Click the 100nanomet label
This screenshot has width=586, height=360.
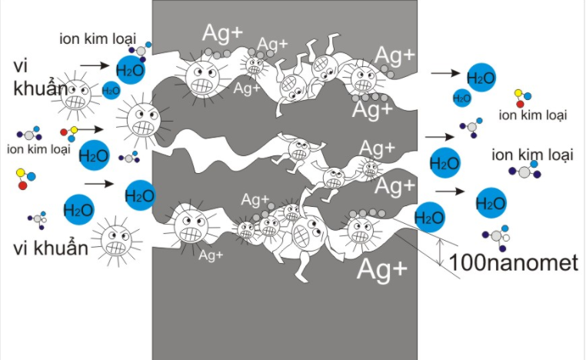click(514, 262)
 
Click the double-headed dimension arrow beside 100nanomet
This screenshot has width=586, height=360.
click(441, 252)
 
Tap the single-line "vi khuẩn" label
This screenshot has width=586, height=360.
click(51, 248)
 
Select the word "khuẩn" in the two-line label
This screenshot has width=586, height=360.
click(41, 88)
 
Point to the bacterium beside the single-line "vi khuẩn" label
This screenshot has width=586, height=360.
click(117, 241)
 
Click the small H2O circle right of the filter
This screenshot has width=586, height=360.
click(462, 98)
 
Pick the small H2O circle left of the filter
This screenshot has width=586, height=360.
click(111, 91)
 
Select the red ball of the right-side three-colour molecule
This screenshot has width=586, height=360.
click(520, 104)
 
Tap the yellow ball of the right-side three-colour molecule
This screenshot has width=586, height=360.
click(518, 93)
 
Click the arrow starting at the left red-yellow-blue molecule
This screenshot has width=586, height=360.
click(90, 130)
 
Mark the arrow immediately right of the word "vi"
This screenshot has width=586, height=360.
click(95, 66)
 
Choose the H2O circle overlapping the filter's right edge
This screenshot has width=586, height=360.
click(429, 218)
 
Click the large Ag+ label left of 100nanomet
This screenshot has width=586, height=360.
click(382, 268)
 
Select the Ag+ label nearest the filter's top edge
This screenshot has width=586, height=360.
click(223, 33)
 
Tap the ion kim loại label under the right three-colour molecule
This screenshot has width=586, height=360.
click(533, 115)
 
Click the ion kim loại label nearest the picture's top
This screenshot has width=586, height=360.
click(98, 38)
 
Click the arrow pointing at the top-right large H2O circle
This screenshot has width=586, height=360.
click(445, 73)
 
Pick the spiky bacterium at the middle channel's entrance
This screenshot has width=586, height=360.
click(144, 120)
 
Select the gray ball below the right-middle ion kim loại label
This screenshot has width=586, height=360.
click(524, 172)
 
